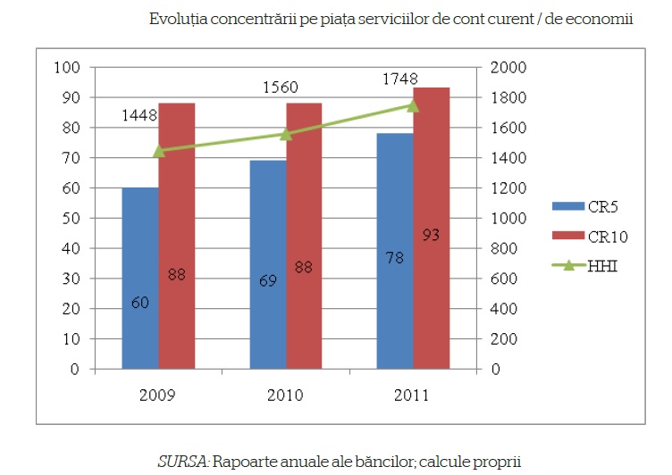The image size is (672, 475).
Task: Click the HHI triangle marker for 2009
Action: coord(159,151)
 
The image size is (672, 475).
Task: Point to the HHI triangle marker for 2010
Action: coord(286,134)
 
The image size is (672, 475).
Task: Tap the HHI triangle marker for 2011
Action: coord(413,105)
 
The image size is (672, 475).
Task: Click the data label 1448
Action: coord(140,115)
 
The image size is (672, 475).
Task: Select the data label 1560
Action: coord(281,87)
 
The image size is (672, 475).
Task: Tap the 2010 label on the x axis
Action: coord(286,395)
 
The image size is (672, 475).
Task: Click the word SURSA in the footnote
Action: coord(181,462)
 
